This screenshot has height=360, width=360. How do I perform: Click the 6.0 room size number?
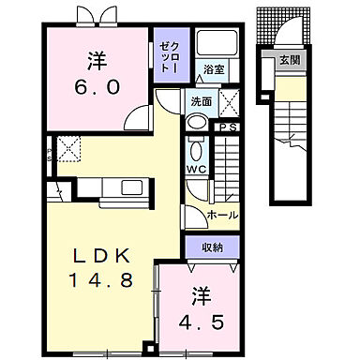(97, 87)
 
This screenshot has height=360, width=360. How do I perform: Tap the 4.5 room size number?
(202, 322)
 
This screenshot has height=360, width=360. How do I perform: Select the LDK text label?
(100, 256)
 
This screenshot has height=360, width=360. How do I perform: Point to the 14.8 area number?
(101, 279)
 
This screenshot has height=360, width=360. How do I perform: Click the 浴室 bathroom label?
(214, 69)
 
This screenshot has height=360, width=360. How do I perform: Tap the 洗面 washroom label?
(202, 101)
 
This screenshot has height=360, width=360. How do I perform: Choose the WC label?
(197, 169)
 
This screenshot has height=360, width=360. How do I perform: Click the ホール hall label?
(222, 215)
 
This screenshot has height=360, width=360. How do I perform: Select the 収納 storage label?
(212, 247)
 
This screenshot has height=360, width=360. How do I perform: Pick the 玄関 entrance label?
(290, 60)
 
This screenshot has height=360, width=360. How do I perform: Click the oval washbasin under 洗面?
(197, 122)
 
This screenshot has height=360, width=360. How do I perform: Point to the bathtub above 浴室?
(216, 43)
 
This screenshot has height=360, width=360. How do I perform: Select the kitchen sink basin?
(132, 187)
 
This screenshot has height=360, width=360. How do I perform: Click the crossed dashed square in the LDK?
(68, 149)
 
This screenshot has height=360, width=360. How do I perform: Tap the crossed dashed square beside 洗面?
(229, 102)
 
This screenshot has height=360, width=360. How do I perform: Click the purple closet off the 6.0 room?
(172, 55)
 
